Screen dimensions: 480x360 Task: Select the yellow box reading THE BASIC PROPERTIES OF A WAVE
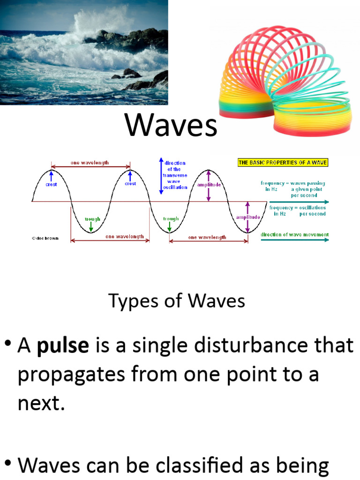283,163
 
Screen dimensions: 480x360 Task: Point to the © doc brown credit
46,238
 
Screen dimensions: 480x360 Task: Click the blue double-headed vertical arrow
161,176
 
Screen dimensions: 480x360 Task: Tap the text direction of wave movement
295,234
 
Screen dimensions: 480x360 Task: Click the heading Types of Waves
177,300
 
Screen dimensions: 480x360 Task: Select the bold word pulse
63,346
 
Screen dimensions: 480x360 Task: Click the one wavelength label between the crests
90,163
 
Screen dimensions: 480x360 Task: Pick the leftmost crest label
51,184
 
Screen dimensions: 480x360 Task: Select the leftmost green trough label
90,219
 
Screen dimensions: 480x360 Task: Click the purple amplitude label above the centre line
209,185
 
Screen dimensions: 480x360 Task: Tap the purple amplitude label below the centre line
248,217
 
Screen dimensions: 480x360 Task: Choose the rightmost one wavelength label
207,237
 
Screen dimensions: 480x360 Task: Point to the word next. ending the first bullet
41,404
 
